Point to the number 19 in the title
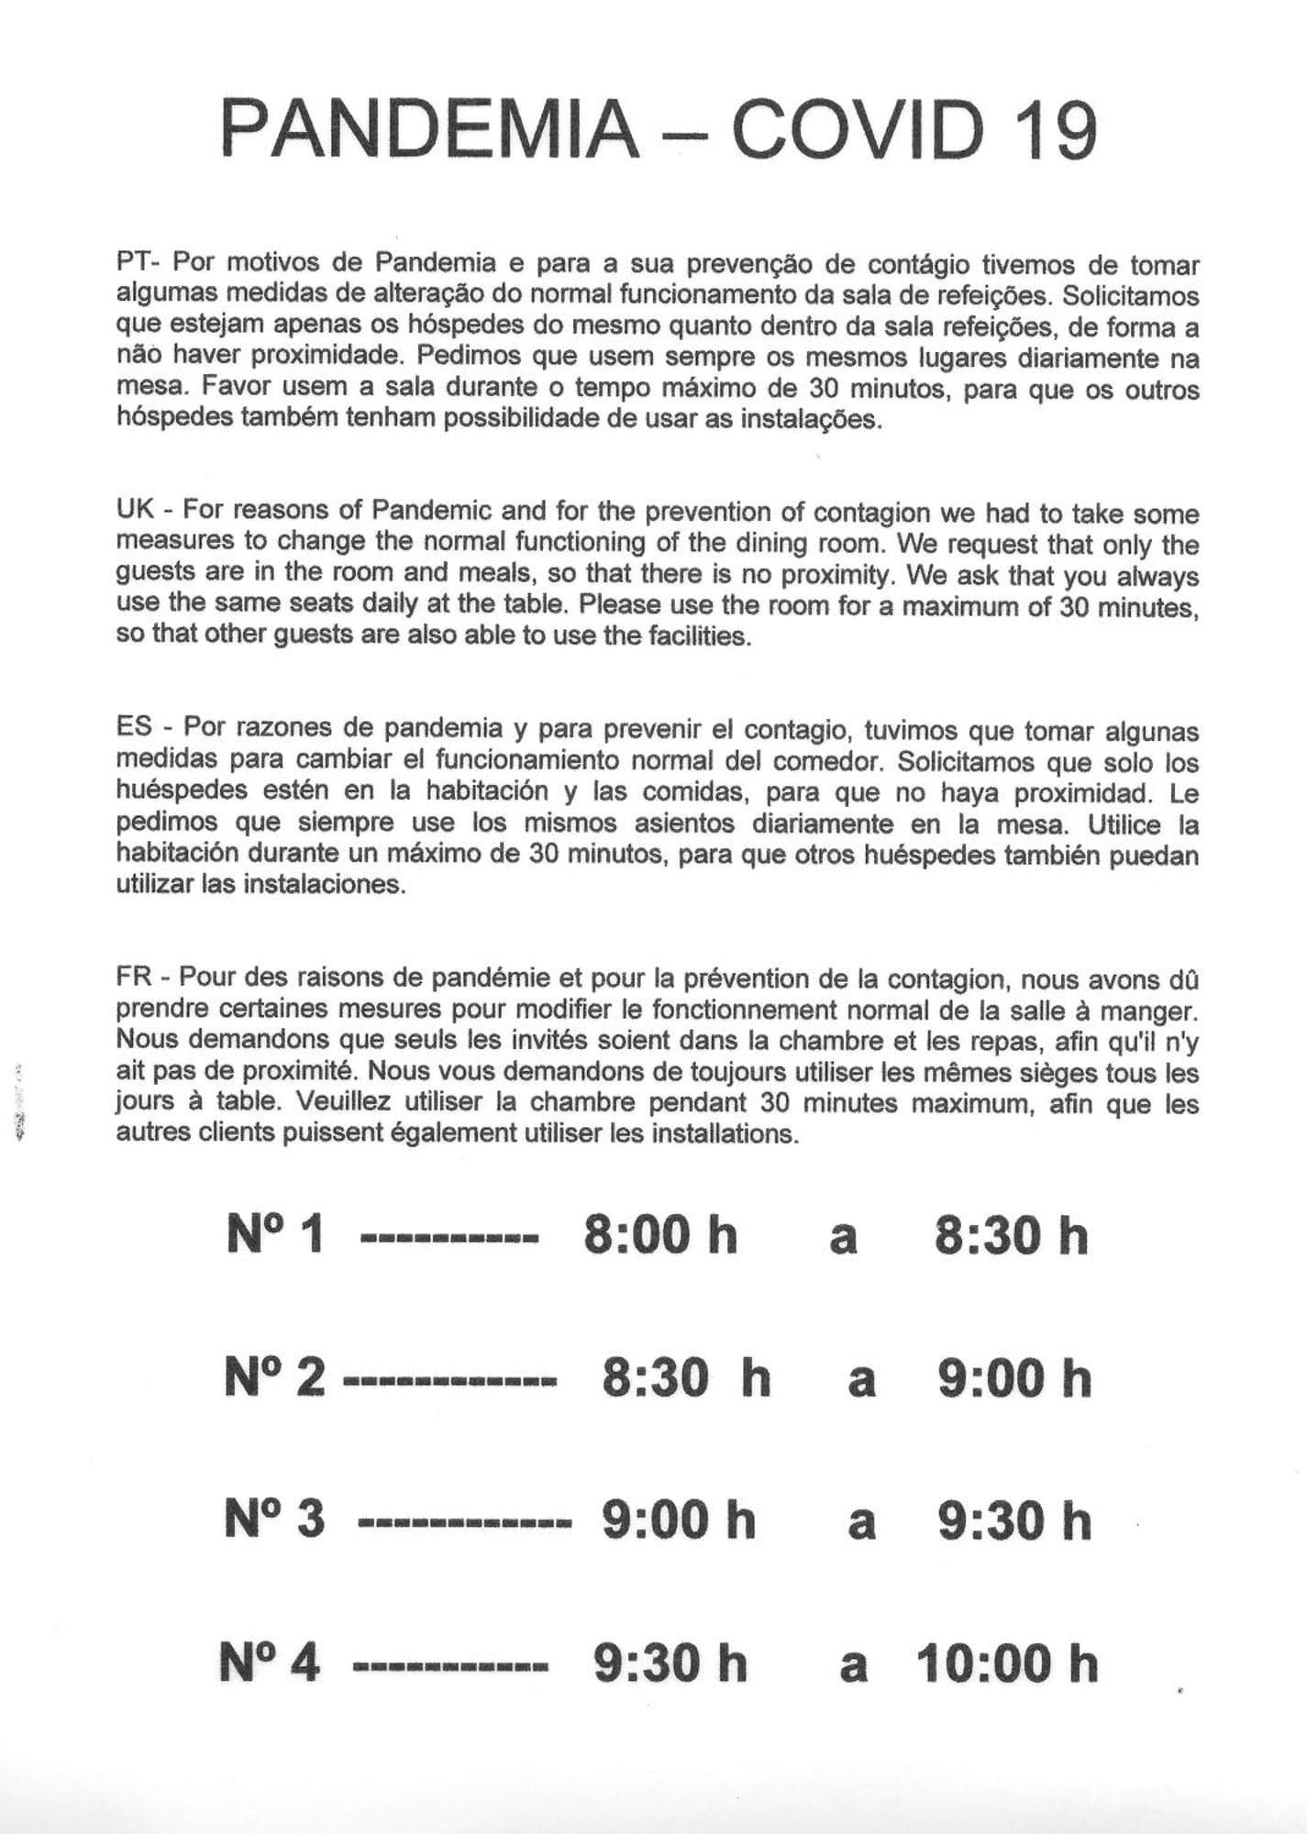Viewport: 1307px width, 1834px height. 1055,129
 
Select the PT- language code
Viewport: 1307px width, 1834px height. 138,263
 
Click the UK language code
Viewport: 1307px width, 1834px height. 135,510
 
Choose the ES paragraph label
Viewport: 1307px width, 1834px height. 134,728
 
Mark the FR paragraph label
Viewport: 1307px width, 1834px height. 134,977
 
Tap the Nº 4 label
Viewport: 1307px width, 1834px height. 271,1663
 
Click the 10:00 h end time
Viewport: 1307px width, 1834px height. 1006,1663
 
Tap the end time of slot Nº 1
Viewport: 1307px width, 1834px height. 1011,1235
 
